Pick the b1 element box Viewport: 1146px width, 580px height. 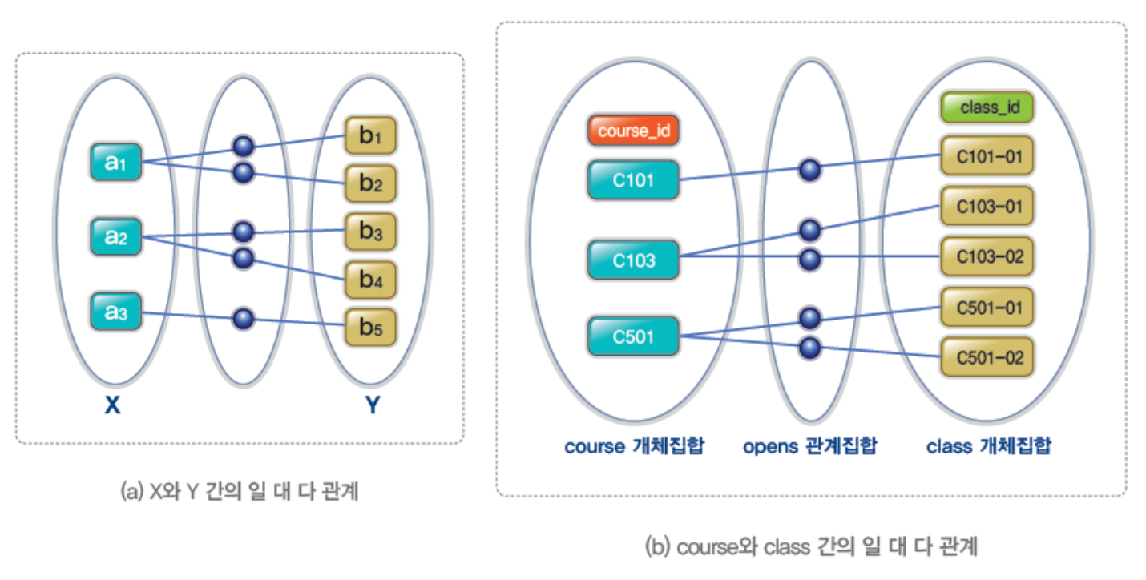tap(370, 137)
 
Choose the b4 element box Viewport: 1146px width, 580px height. tap(370, 280)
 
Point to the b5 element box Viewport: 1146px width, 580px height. tap(370, 328)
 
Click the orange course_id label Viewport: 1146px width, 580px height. tap(634, 131)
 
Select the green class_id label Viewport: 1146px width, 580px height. tap(987, 107)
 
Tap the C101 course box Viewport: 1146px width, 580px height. tap(634, 179)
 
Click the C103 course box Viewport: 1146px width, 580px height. tap(634, 260)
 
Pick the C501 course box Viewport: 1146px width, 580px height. tap(634, 336)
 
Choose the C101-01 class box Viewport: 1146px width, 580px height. tap(987, 156)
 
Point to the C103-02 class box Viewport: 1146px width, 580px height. tap(987, 256)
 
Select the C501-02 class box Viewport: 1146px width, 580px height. tap(987, 356)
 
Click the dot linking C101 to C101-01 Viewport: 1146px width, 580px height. tap(810, 169)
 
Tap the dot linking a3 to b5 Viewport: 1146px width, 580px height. tap(243, 320)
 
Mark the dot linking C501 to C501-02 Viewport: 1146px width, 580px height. tap(810, 348)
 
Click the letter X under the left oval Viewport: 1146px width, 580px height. tap(112, 406)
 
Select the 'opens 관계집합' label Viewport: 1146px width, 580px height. tap(809, 445)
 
